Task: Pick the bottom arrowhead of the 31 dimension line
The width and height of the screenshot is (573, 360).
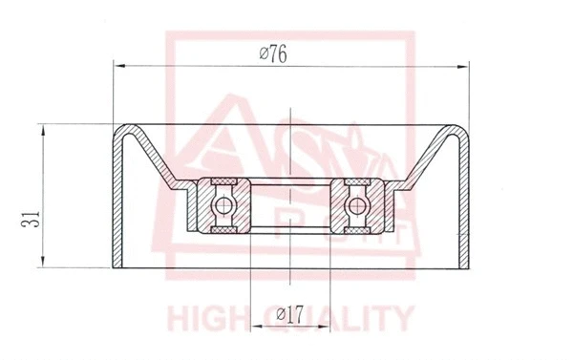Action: (x=44, y=265)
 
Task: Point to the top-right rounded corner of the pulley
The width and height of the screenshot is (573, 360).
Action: (x=463, y=131)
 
